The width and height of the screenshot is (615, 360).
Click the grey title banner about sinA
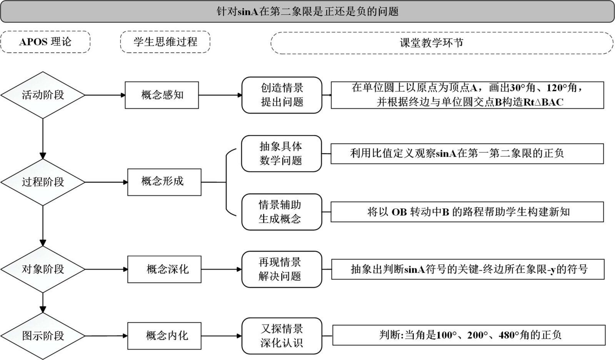point(307,12)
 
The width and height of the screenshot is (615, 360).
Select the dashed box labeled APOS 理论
point(45,42)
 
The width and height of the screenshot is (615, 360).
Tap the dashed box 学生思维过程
point(165,42)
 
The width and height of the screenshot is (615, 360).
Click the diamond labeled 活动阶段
point(43,95)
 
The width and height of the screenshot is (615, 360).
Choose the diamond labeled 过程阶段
point(43,182)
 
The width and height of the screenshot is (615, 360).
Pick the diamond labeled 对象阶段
point(43,269)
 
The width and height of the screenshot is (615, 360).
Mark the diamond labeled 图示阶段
point(43,336)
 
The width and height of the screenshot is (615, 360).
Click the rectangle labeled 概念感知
point(162,95)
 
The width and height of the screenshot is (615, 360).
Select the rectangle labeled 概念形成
point(164,182)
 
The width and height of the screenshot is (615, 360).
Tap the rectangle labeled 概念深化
point(164,269)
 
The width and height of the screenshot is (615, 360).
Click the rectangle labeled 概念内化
point(164,336)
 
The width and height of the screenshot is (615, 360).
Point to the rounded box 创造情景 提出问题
point(282,95)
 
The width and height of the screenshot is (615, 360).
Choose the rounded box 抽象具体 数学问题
point(281,153)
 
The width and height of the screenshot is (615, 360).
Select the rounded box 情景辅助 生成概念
point(281,212)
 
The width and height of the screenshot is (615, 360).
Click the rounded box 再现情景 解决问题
point(281,269)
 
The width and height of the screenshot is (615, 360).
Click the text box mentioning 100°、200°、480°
point(468,335)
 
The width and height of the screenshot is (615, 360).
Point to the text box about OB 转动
point(467,212)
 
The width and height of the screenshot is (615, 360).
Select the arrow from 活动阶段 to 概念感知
point(105,95)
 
